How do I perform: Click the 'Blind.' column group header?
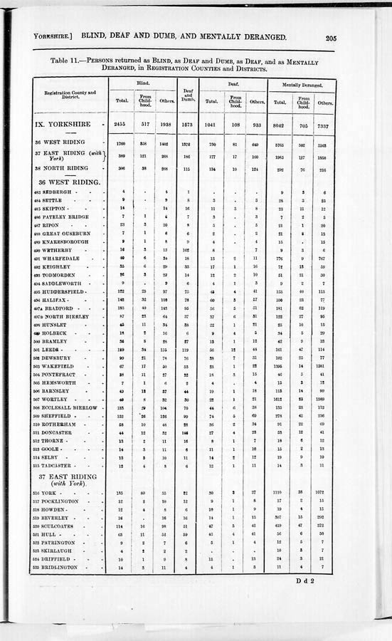click(143, 84)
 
